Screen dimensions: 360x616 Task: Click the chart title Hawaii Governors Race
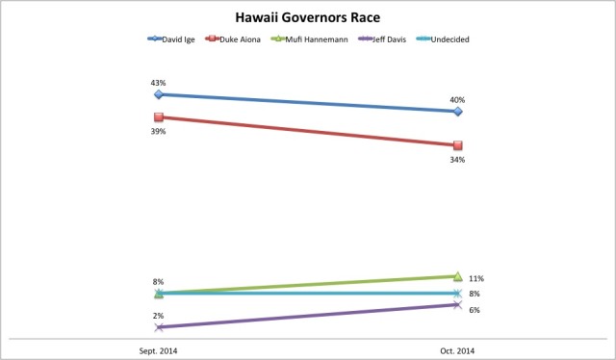(307, 17)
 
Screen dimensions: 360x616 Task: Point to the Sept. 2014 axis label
(159, 350)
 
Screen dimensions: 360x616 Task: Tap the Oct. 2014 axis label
(457, 350)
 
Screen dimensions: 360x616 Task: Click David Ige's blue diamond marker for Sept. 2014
(159, 94)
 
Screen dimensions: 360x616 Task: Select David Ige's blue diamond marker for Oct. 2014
(457, 112)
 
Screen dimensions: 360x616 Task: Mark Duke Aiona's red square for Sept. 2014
(159, 117)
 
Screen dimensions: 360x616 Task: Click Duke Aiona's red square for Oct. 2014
(457, 145)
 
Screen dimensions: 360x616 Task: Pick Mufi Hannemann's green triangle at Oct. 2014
(457, 276)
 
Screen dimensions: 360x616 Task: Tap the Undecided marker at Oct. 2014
(457, 294)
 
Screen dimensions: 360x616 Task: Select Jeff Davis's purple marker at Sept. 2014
(159, 327)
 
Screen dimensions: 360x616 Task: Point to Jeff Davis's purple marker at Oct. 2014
(457, 305)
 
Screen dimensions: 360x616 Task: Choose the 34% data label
(458, 160)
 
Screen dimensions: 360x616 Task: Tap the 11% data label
(475, 278)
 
